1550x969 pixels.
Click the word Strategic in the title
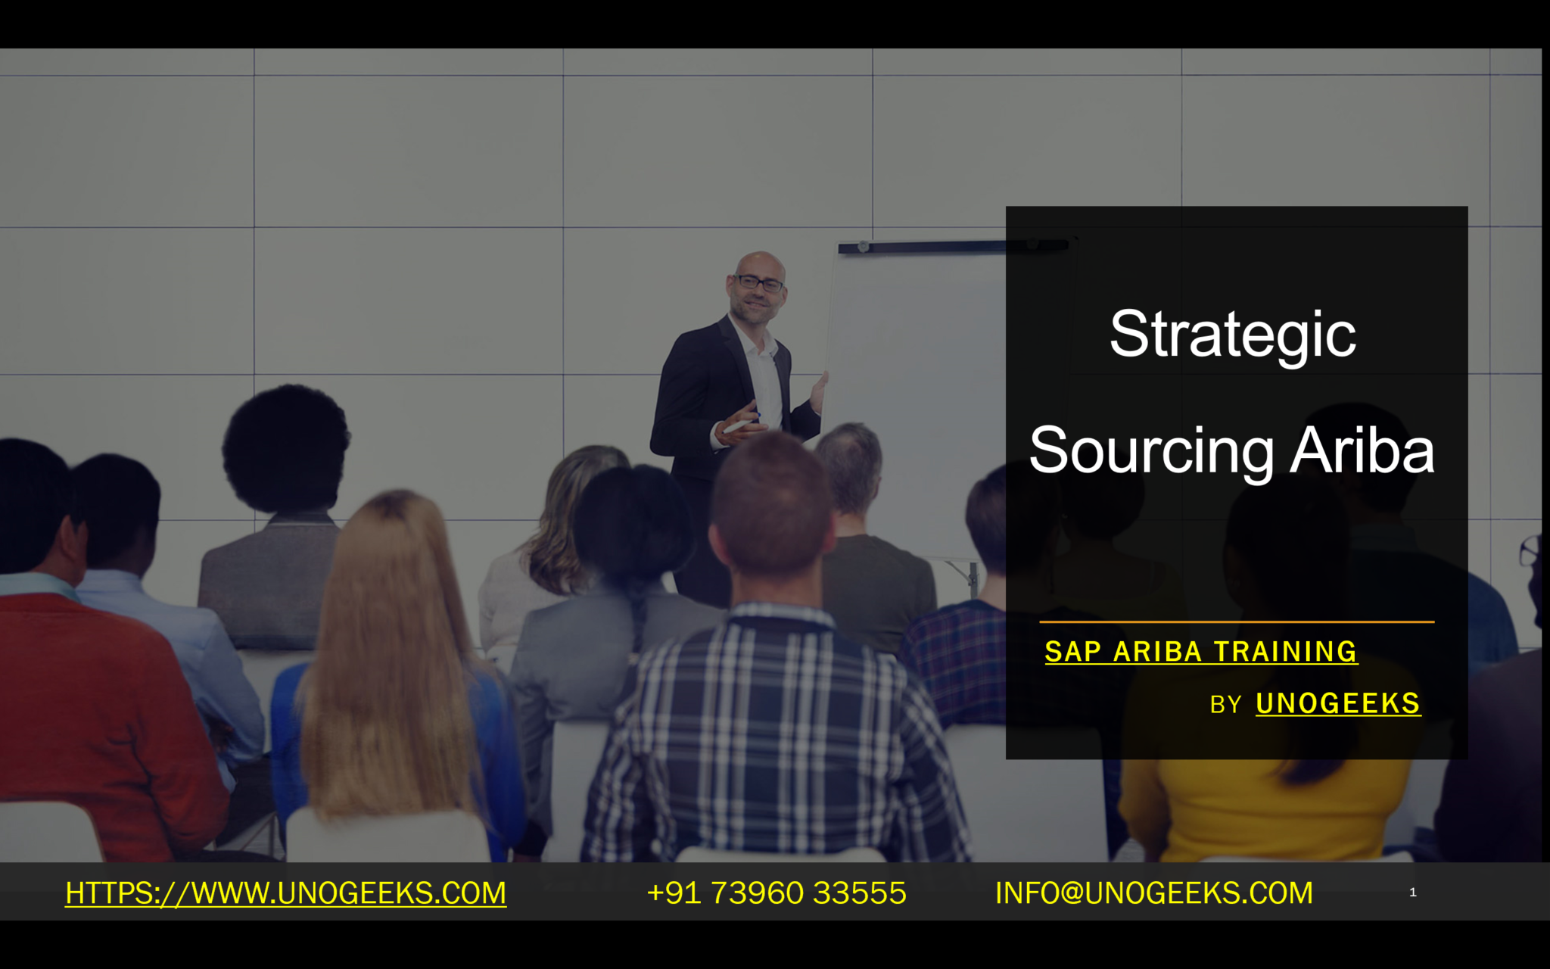[1233, 335]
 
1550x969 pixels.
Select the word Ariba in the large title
[1362, 450]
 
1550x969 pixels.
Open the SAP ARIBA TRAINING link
[1201, 652]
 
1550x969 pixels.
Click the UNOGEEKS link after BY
[1338, 703]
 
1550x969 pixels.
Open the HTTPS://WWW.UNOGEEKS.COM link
[286, 893]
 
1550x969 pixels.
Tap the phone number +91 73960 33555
[777, 893]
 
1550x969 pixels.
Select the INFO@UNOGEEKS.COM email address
[1154, 893]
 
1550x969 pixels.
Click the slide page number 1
[1413, 893]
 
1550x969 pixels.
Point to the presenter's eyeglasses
[759, 283]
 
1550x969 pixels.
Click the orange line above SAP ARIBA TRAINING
[1237, 622]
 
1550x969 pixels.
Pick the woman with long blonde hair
[394, 666]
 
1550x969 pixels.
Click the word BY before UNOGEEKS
[1225, 705]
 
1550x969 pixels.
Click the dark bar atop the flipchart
[954, 246]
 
